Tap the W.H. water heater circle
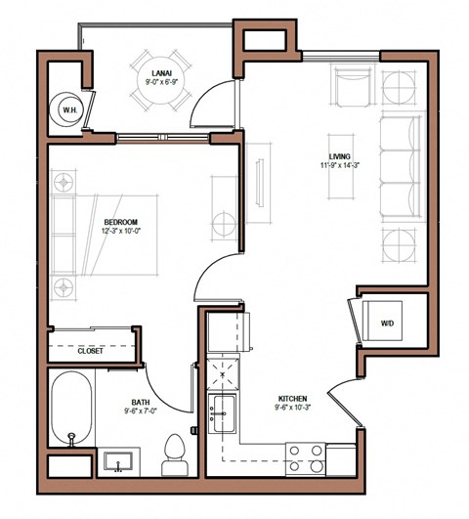pos(68,111)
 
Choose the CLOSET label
pos(91,351)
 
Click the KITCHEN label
pos(293,399)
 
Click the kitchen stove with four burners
pos(305,455)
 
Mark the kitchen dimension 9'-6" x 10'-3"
pos(293,410)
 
